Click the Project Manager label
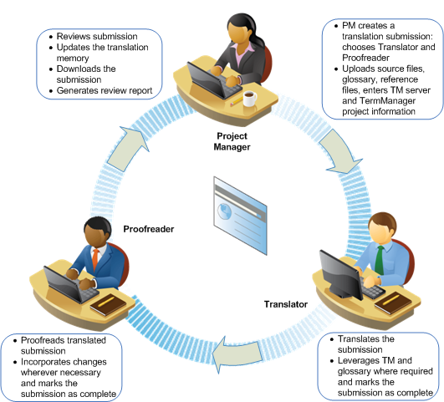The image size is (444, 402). [x=232, y=141]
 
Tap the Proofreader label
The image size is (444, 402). [x=149, y=229]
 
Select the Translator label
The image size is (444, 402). [x=286, y=304]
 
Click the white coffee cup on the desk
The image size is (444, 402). [x=250, y=99]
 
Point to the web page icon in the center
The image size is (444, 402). [x=240, y=216]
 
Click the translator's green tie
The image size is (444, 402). [x=379, y=261]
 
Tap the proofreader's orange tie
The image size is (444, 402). [x=95, y=259]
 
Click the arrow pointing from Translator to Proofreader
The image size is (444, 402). [x=237, y=354]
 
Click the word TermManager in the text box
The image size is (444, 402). [x=387, y=101]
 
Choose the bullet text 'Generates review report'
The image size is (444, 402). [x=105, y=90]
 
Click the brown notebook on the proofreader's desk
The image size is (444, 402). [x=108, y=304]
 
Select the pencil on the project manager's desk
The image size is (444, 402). [x=236, y=101]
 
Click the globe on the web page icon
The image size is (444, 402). [x=224, y=211]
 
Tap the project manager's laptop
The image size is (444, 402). [x=214, y=82]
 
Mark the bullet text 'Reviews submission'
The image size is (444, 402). [x=97, y=36]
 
